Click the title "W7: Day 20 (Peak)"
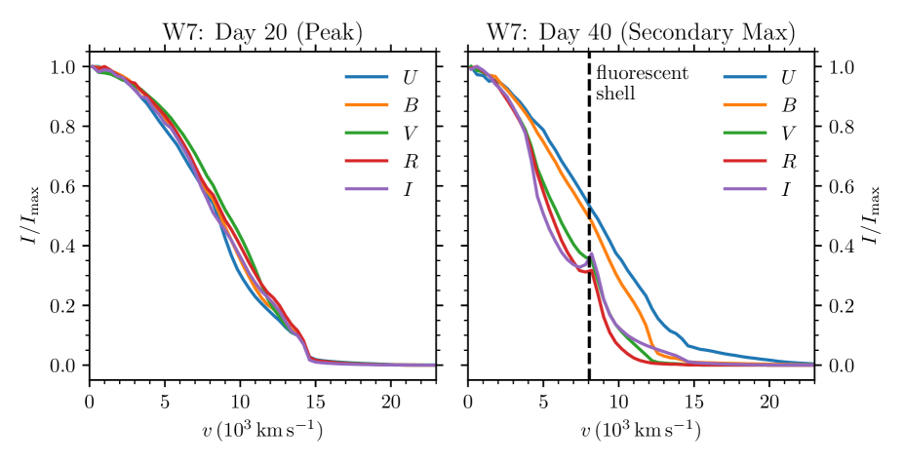pyautogui.click(x=261, y=30)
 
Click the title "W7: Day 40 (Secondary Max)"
pyautogui.click(x=641, y=30)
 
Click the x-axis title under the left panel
pyautogui.click(x=261, y=429)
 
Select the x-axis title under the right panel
pyautogui.click(x=641, y=429)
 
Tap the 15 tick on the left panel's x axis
pyautogui.click(x=315, y=401)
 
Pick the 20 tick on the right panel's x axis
pyautogui.click(x=769, y=401)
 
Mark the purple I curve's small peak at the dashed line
pyautogui.click(x=592, y=254)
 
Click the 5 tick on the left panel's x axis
pyautogui.click(x=165, y=401)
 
